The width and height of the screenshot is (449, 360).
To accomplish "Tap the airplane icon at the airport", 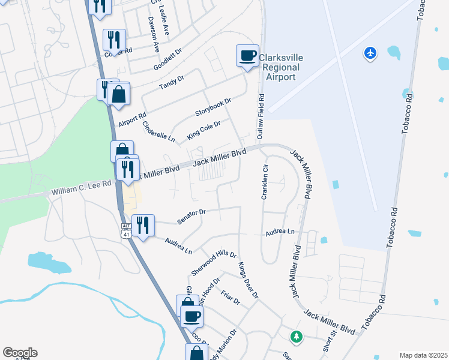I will click(370, 53).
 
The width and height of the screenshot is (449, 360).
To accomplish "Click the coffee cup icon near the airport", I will click(247, 56).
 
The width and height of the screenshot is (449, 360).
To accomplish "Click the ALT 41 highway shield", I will click(125, 230).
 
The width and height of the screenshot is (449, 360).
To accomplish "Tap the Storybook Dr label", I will click(213, 108).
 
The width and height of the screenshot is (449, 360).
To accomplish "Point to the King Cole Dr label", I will click(203, 130).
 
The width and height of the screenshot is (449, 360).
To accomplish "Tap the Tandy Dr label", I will click(172, 83).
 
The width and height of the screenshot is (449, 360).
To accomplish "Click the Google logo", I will click(20, 353).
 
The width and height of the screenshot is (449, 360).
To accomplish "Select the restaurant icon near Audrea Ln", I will click(143, 226).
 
